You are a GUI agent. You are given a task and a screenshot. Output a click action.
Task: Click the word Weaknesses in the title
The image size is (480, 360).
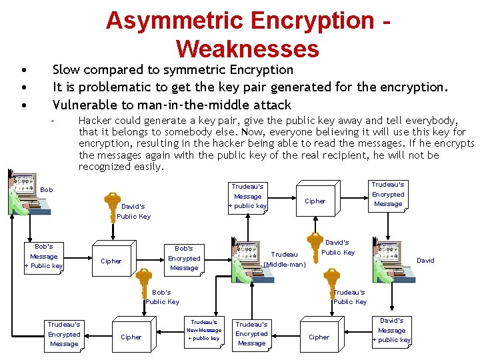tap(247, 49)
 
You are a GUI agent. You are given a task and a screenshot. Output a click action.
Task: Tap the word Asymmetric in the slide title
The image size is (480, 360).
tap(175, 20)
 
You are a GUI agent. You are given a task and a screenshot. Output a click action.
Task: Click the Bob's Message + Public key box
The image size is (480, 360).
tap(44, 256)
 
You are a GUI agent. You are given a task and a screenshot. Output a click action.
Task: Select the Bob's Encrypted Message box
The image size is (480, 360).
tap(184, 258)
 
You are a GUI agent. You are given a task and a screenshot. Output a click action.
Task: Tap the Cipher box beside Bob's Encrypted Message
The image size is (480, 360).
tap(111, 261)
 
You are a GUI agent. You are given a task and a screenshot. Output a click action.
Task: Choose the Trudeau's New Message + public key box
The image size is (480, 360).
tap(203, 330)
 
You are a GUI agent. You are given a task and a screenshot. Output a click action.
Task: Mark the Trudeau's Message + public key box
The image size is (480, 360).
tap(247, 196)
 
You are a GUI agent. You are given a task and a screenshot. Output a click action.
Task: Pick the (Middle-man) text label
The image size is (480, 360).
tap(285, 265)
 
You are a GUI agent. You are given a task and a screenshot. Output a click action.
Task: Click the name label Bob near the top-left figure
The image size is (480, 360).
tap(47, 189)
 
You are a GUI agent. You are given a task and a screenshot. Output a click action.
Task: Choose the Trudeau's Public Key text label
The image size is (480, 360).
tap(350, 297)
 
